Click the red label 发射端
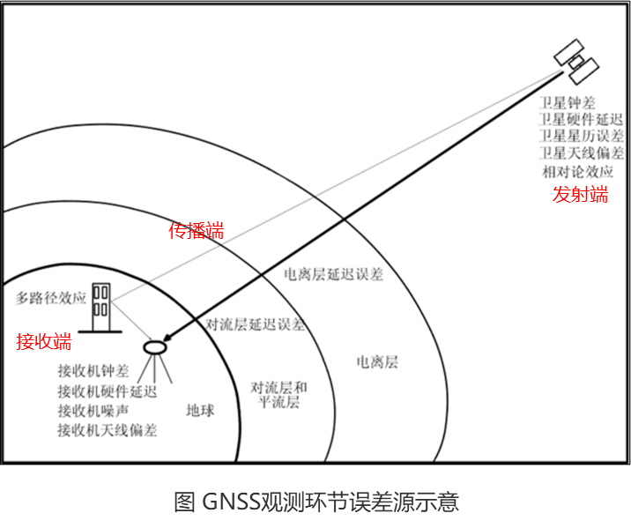tap(580, 195)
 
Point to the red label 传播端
tap(196, 231)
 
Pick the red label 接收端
tap(43, 341)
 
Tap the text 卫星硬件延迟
tap(582, 121)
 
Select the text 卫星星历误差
tap(582, 137)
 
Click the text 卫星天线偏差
tap(582, 153)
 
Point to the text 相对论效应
tap(576, 171)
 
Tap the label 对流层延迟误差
tap(255, 324)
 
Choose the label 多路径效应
tap(51, 298)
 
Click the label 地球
tap(200, 411)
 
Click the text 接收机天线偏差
tap(107, 430)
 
